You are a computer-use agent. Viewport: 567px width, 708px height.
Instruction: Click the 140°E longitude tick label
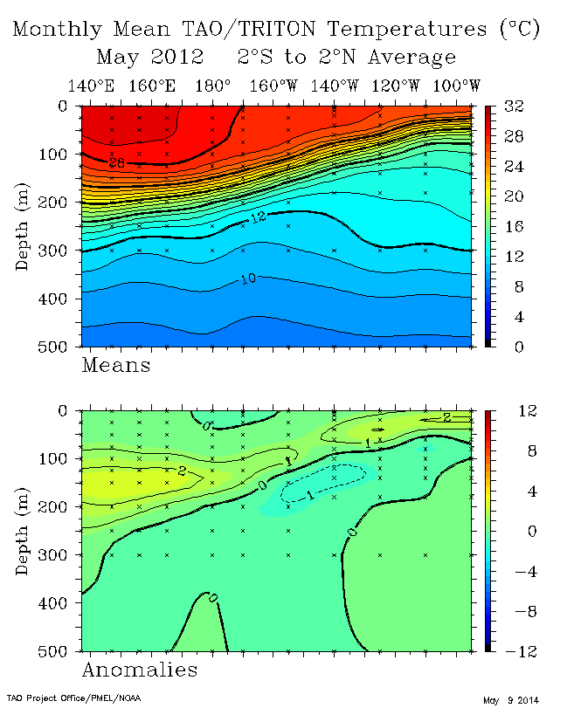(90, 86)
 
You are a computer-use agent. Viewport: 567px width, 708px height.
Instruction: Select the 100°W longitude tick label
(456, 86)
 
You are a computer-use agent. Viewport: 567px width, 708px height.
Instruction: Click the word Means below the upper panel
(116, 365)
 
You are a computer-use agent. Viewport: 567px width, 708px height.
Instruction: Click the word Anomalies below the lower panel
(140, 670)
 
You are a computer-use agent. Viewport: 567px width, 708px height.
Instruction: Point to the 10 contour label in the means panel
(247, 279)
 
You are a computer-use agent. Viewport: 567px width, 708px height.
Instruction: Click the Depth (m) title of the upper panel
(22, 226)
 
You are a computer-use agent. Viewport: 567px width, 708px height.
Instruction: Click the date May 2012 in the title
(149, 58)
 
